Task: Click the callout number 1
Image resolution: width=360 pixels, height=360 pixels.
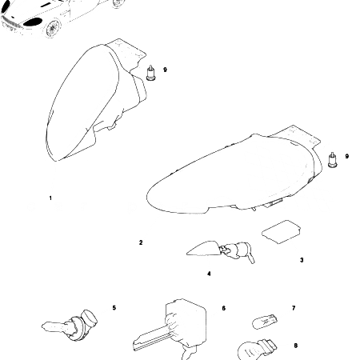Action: pos(50,198)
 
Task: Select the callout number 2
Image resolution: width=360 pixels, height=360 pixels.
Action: pos(141,242)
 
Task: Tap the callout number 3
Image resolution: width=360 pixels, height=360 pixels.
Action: pos(302,260)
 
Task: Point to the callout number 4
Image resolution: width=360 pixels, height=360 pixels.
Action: pos(209,274)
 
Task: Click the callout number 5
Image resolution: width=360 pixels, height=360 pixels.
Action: pos(114,308)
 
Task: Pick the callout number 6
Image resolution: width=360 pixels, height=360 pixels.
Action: pos(223,308)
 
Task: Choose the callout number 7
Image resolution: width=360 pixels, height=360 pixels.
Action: pos(294,308)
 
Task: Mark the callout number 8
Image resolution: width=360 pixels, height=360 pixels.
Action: pos(296,346)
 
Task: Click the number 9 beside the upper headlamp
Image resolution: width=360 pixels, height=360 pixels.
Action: pos(165,70)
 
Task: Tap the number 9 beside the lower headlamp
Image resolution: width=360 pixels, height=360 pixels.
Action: pos(347,156)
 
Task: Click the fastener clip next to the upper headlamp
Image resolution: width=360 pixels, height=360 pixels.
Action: pos(151,73)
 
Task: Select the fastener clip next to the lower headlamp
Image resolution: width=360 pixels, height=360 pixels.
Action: pos(332,160)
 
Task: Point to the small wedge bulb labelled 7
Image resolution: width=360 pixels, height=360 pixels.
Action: pos(265,322)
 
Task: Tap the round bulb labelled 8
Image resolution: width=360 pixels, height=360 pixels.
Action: pos(256,350)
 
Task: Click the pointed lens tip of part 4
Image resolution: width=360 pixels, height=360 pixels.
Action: pos(187,253)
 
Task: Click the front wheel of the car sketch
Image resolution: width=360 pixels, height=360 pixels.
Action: pos(53,28)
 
